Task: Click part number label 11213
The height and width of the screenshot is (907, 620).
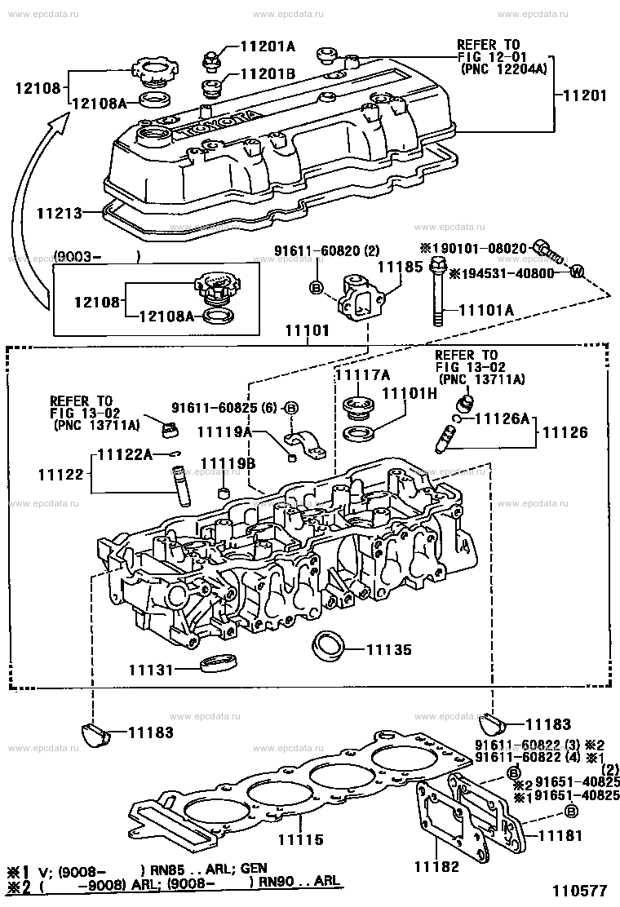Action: click(x=60, y=214)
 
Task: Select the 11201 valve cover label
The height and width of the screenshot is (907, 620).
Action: click(x=585, y=95)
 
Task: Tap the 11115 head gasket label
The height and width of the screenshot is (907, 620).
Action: click(x=301, y=839)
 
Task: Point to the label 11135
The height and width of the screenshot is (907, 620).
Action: click(x=388, y=649)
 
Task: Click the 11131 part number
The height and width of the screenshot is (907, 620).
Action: click(x=151, y=670)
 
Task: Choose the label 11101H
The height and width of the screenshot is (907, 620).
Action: click(x=410, y=393)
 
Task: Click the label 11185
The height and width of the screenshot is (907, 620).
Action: click(x=401, y=268)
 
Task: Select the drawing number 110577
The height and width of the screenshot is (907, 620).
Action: click(x=578, y=891)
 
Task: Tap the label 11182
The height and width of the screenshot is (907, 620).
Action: click(x=436, y=866)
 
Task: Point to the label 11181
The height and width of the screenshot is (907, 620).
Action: click(x=561, y=835)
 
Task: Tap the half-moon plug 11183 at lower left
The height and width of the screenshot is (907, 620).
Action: click(x=93, y=732)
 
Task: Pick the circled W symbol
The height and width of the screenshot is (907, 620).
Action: click(x=575, y=271)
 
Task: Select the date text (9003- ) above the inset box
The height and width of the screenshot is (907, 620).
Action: click(x=97, y=255)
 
